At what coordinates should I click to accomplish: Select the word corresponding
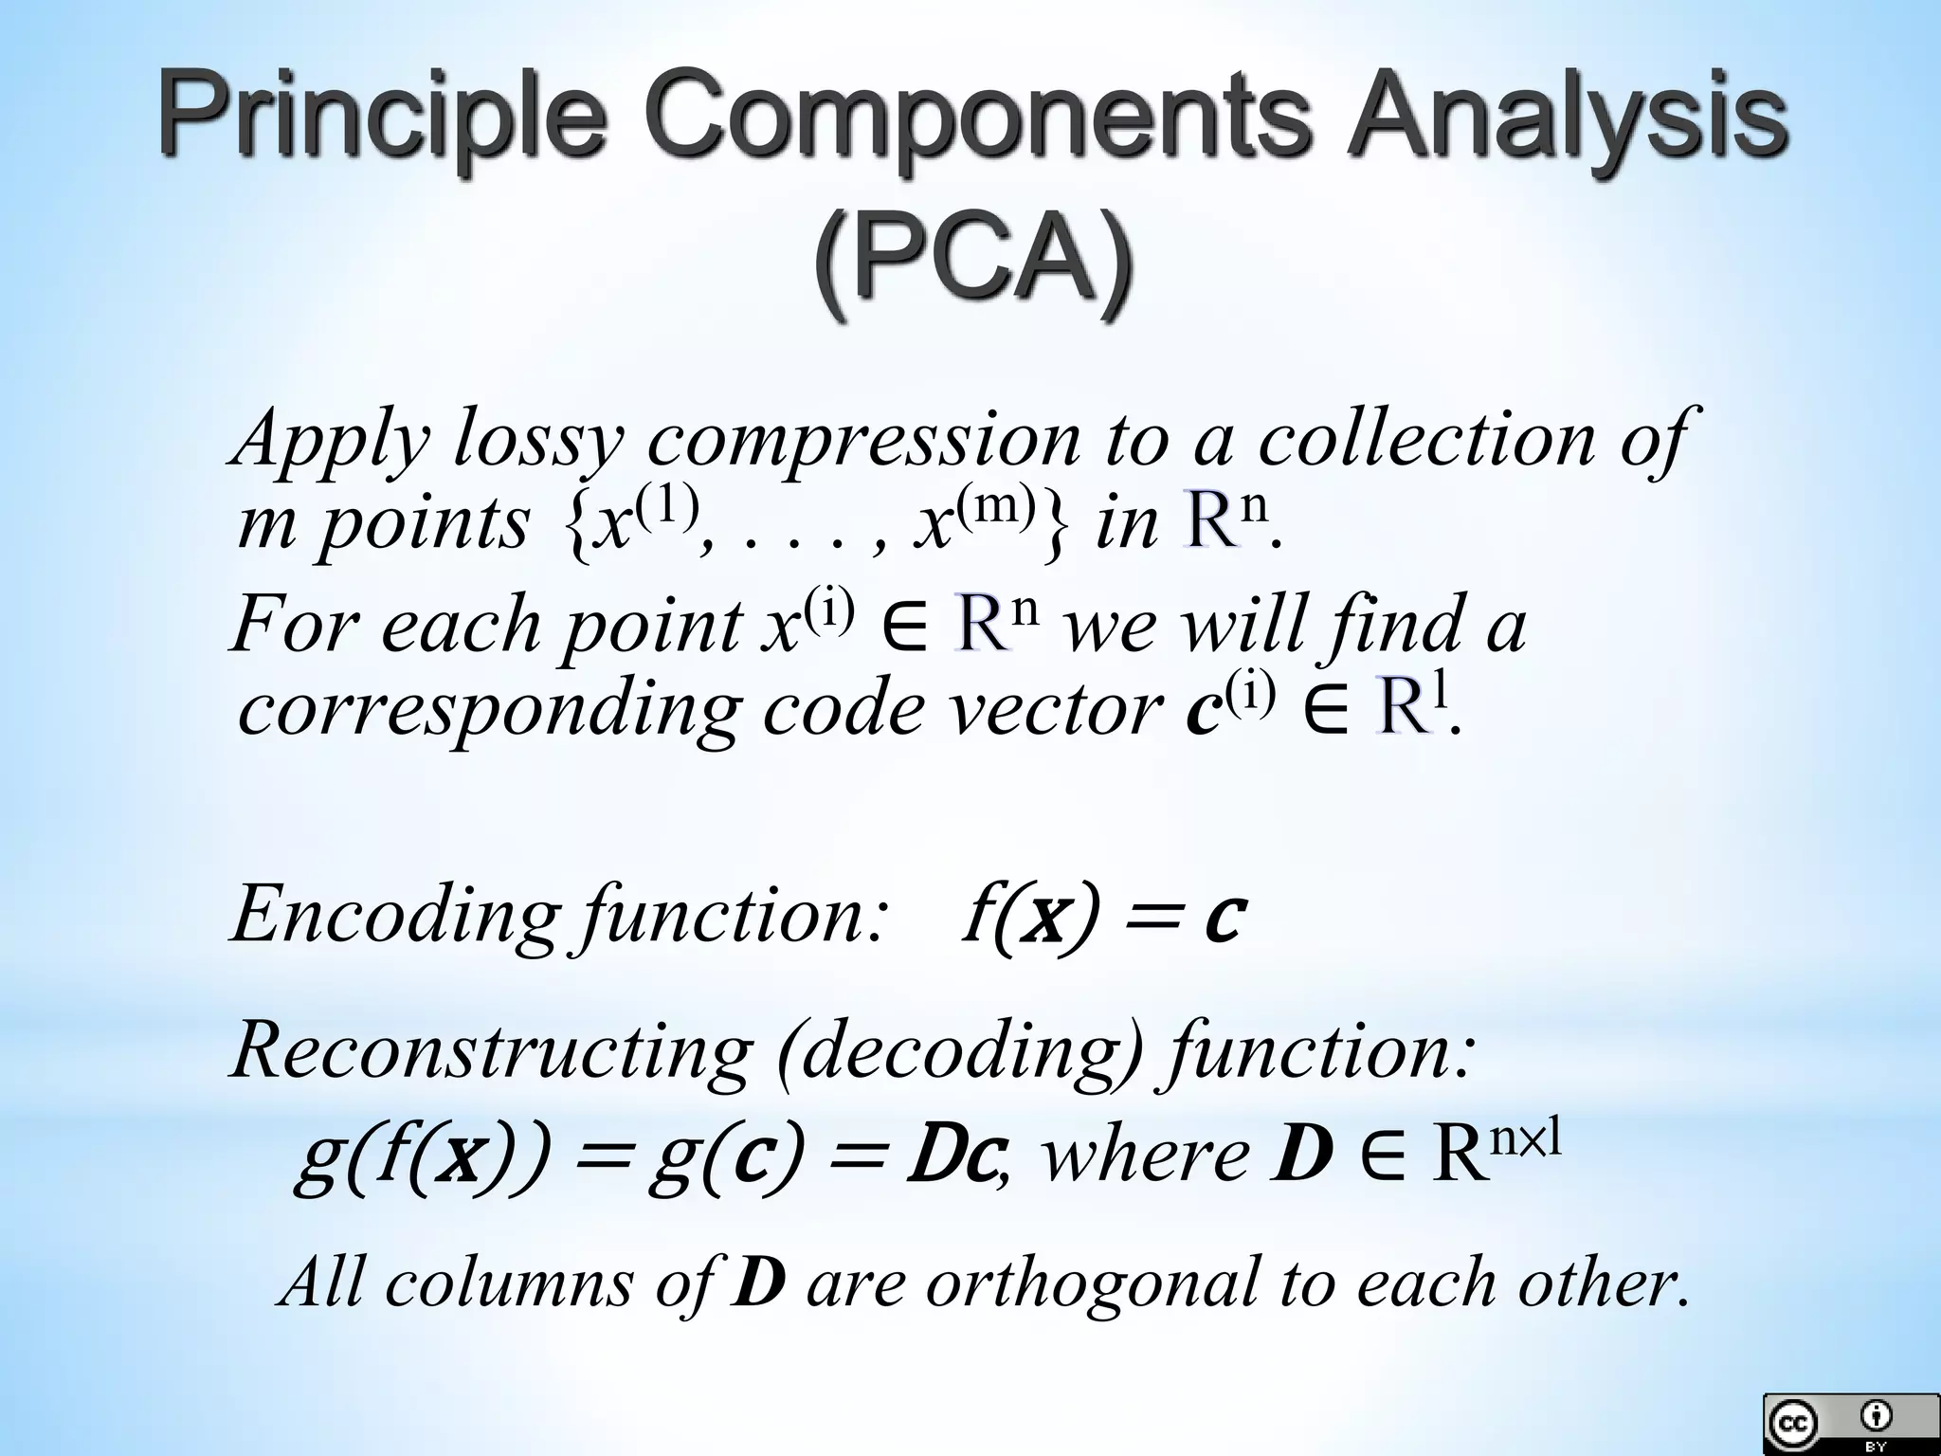click(x=488, y=710)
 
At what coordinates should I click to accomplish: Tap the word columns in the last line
click(x=508, y=1283)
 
